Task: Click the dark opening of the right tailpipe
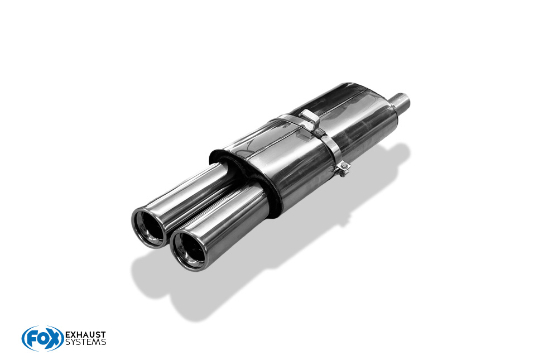click(189, 248)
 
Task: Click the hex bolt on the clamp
click(343, 166)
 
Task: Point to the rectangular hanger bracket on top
click(309, 118)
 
